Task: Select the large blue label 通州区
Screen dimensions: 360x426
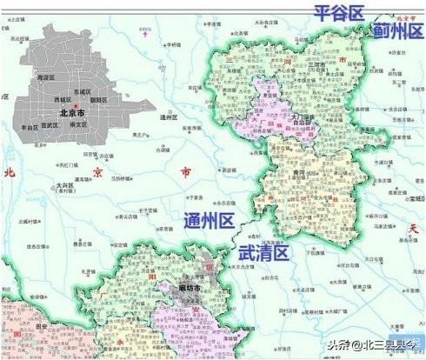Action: pyautogui.click(x=208, y=221)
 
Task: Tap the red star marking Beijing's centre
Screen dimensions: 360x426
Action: pyautogui.click(x=77, y=105)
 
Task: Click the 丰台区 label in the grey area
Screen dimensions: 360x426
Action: pyautogui.click(x=30, y=127)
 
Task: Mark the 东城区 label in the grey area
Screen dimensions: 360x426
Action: pyautogui.click(x=83, y=90)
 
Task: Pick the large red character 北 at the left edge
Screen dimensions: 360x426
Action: pyautogui.click(x=10, y=172)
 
